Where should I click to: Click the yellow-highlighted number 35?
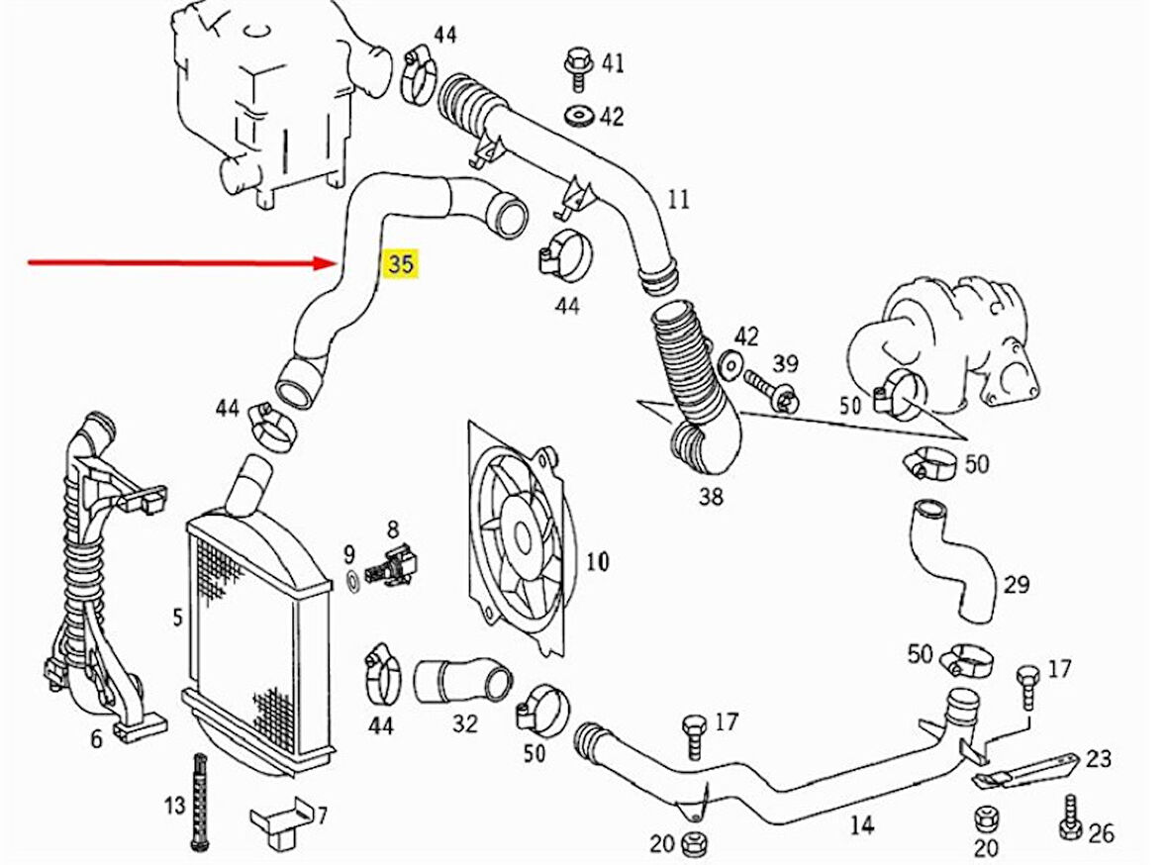401,263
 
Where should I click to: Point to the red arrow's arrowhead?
332,263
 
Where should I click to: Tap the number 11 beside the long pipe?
677,199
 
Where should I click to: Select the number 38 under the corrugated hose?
711,497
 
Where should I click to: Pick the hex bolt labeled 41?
576,64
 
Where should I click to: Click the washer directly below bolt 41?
576,116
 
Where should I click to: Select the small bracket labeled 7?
278,818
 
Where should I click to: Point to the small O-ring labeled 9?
351,576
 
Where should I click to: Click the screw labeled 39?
769,388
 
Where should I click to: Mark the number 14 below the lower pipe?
862,825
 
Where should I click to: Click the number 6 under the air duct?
96,738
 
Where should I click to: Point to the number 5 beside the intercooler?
177,618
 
